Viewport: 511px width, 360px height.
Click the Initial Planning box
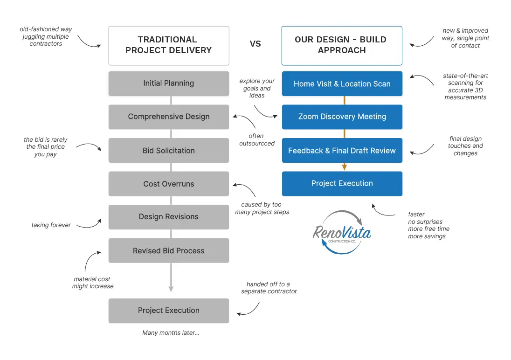coord(169,83)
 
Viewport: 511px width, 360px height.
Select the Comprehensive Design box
coord(169,117)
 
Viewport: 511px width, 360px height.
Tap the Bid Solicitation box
coord(169,151)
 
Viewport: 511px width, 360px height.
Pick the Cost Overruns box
coord(169,184)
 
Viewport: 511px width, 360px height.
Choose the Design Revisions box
coord(169,217)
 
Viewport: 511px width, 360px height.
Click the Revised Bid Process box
coord(169,251)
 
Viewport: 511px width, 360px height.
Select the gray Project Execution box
coord(169,311)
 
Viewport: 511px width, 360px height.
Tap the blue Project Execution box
coord(342,184)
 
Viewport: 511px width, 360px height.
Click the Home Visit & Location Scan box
coord(342,84)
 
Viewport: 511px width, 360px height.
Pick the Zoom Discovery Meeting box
coord(342,117)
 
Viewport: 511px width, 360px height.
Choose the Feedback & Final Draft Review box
coord(342,151)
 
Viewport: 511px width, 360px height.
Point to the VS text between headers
coord(255,44)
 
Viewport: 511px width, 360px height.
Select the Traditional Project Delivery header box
coord(169,45)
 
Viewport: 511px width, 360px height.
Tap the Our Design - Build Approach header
coord(342,45)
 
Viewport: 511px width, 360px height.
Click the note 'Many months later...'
coord(171,333)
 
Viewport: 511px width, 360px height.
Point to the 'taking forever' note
coord(51,225)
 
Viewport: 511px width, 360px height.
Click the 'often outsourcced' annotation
coord(256,140)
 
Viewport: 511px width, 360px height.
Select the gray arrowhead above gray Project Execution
coord(171,289)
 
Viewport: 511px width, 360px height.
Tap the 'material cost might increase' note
coord(92,283)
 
